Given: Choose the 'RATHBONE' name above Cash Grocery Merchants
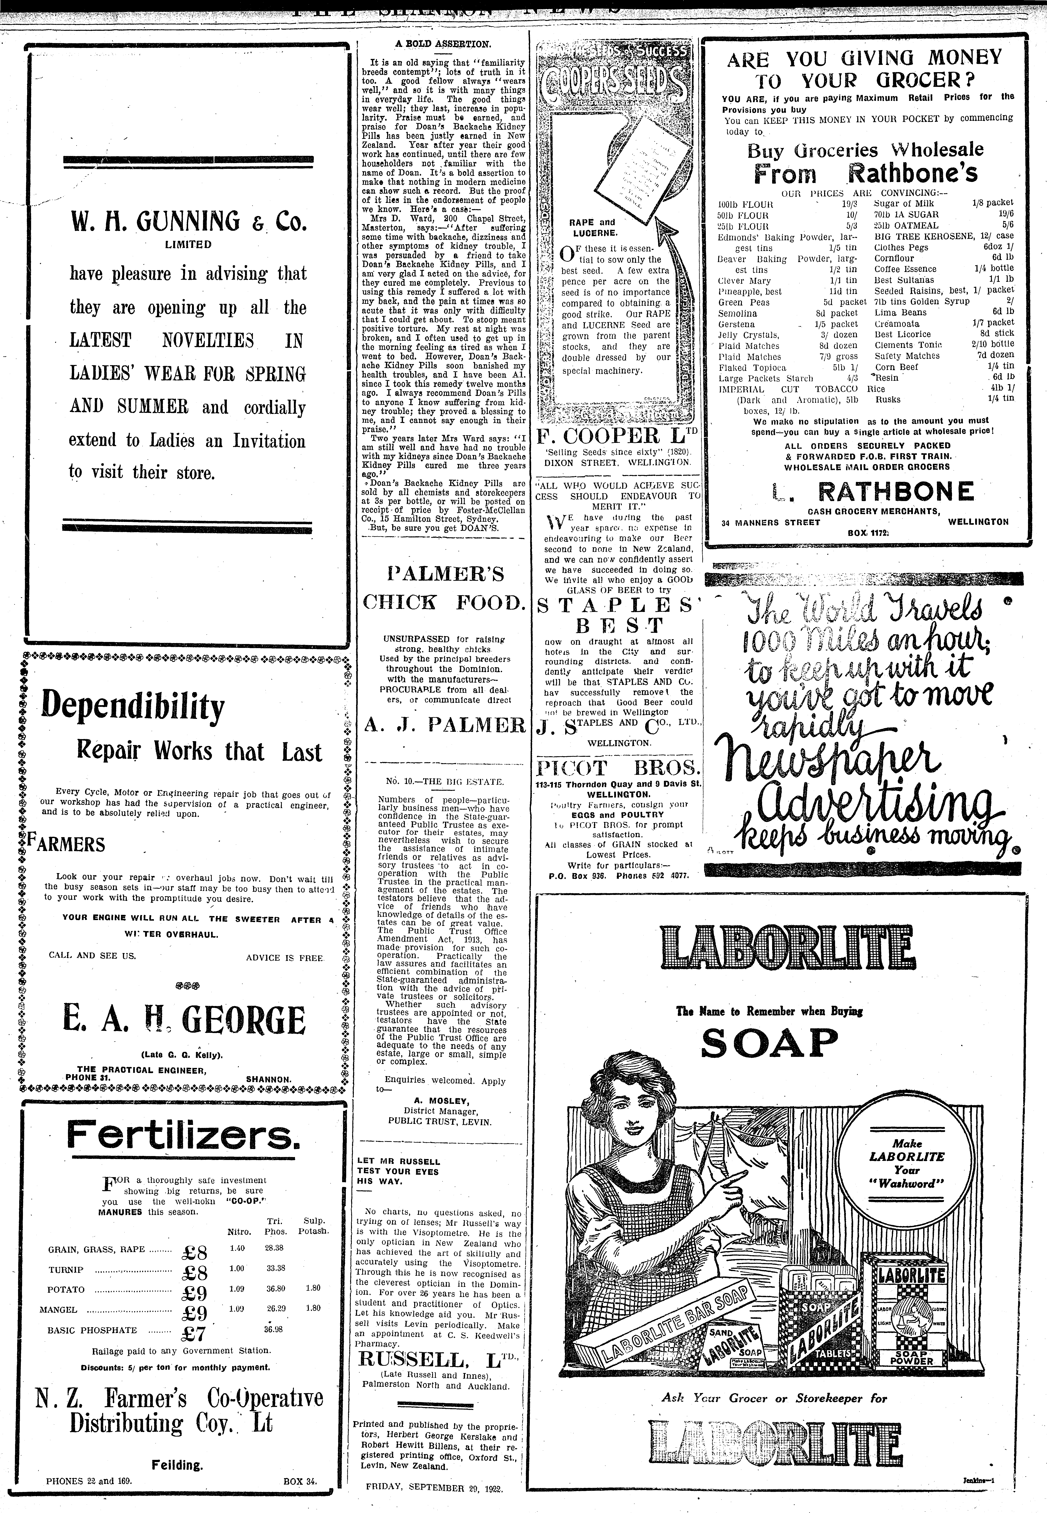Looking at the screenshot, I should (905, 491).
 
